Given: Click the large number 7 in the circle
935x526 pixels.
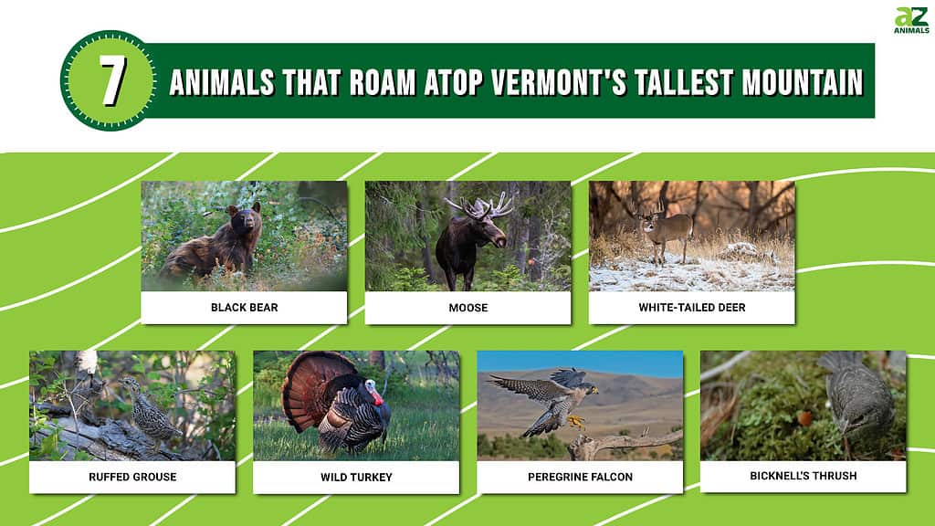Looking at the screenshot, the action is click(111, 81).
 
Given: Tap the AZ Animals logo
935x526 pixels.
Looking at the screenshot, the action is click(911, 20).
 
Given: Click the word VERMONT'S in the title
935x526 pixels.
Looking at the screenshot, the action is click(559, 83).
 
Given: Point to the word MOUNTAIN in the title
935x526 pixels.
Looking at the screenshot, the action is click(802, 83).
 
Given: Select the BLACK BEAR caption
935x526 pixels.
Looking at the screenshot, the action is click(245, 308).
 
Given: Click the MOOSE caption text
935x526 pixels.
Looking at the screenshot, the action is click(468, 308).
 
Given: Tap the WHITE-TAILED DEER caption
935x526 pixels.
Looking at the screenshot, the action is click(692, 308).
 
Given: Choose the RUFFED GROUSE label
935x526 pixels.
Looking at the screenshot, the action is click(132, 477).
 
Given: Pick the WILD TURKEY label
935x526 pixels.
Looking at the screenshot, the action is click(356, 477).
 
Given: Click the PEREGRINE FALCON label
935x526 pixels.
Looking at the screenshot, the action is click(580, 477).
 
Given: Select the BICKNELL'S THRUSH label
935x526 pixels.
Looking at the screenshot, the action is click(804, 476).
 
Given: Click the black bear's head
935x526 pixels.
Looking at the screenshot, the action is click(245, 219).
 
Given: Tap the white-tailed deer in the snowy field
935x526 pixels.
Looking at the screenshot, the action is click(661, 233).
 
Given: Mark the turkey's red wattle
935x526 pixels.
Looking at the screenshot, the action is click(376, 394).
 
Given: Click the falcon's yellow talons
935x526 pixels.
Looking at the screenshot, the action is click(576, 422).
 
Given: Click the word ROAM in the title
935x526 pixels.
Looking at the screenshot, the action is click(382, 83).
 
